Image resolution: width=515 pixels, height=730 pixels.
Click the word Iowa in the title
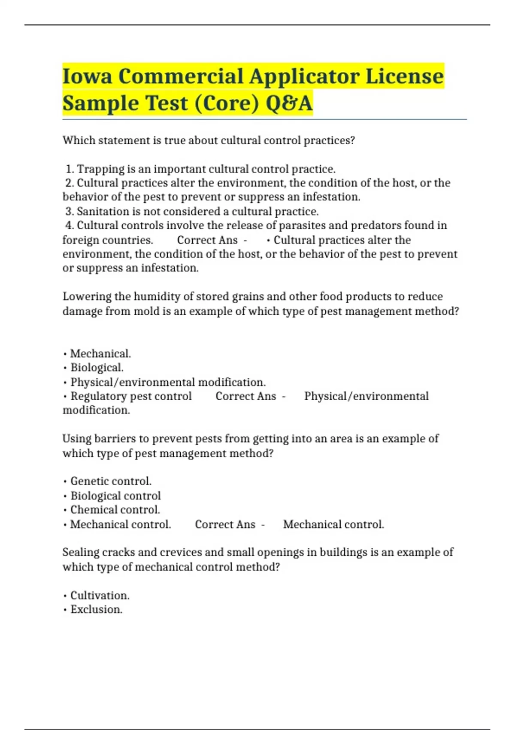[87, 76]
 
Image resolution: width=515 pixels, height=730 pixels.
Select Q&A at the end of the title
[289, 103]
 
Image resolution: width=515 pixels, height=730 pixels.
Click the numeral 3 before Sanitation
[69, 212]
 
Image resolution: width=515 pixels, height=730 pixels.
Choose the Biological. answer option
[97, 368]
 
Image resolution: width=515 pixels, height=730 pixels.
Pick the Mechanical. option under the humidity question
[100, 354]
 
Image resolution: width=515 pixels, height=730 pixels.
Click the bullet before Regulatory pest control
[65, 397]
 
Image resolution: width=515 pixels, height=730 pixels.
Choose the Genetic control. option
[111, 481]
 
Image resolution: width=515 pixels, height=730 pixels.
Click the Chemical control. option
[115, 510]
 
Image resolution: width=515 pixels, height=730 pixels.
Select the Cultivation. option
[100, 596]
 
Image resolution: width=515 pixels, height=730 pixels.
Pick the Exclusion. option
[96, 610]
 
